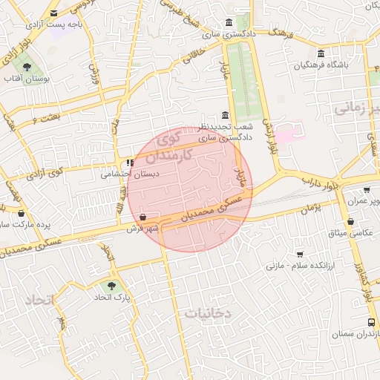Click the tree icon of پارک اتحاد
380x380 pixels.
point(112,284)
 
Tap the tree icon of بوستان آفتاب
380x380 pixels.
point(27,67)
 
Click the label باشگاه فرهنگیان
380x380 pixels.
point(321,65)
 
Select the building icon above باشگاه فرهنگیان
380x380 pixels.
point(321,53)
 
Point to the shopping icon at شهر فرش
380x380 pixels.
point(142,217)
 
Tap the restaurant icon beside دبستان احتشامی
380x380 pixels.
point(131,163)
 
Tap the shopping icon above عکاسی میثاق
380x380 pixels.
point(350,221)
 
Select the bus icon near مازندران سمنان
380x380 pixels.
point(371,323)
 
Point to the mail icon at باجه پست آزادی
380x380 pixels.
point(53,13)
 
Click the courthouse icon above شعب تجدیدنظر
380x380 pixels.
point(226,114)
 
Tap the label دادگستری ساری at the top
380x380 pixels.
point(232,34)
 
